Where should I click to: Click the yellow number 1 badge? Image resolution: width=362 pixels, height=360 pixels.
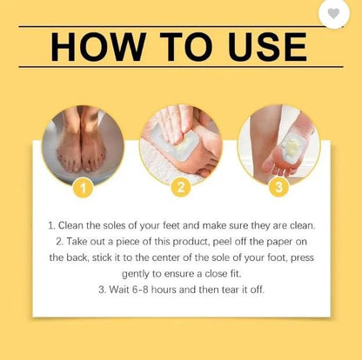coord(82,185)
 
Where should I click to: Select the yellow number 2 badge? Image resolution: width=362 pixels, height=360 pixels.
coord(182,185)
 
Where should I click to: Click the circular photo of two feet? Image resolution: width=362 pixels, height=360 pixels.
coord(82,142)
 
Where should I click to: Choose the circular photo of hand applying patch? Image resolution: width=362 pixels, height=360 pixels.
coord(181,142)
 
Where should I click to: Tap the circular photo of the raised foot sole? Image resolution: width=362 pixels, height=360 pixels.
coord(279,142)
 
